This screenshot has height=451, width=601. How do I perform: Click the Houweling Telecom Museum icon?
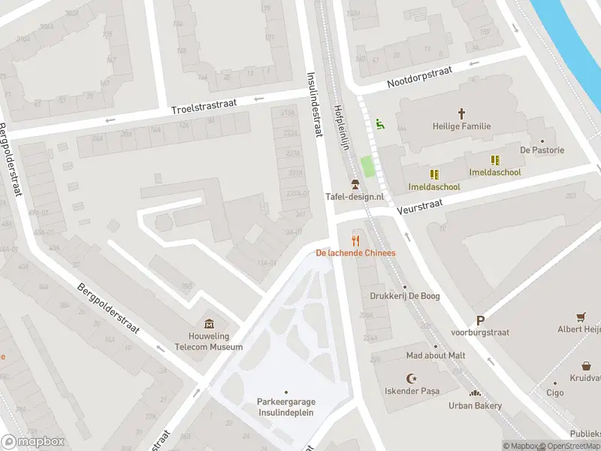pyautogui.click(x=207, y=322)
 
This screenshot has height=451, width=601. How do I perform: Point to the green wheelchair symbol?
pyautogui.click(x=380, y=124)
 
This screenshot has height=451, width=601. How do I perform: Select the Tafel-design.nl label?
pyautogui.click(x=355, y=196)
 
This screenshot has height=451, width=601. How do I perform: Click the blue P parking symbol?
pyautogui.click(x=480, y=320)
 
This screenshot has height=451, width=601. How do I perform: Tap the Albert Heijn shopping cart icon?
pyautogui.click(x=581, y=316)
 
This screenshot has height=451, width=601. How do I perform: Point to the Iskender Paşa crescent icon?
pyautogui.click(x=411, y=378)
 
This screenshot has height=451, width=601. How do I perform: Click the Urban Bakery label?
pyautogui.click(x=475, y=406)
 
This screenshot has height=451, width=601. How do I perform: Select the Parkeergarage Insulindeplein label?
pyautogui.click(x=285, y=406)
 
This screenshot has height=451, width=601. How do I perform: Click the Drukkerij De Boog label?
pyautogui.click(x=404, y=296)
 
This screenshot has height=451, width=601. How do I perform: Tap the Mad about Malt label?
pyautogui.click(x=435, y=355)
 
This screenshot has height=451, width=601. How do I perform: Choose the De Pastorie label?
pyautogui.click(x=542, y=150)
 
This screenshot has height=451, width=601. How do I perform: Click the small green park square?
pyautogui.click(x=367, y=167)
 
